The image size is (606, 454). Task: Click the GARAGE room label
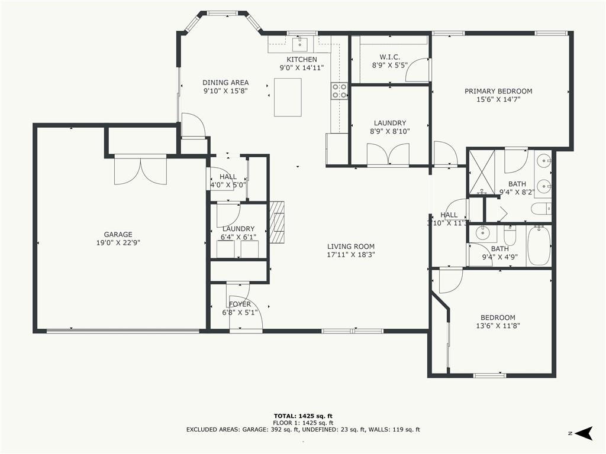coord(118,234)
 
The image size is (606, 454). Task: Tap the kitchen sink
coord(299,44)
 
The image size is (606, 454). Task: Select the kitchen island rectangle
coord(288,98)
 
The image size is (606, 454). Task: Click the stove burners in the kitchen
coord(339,90)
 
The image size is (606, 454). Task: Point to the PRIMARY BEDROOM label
coord(498,91)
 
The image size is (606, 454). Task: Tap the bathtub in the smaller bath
coord(539,246)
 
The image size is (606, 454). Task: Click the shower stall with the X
coord(482,172)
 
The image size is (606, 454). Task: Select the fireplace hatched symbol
coord(277,222)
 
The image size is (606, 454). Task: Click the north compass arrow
coord(584,433)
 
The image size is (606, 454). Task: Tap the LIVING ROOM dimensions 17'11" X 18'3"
coord(351,255)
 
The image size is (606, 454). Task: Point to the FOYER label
coord(240,304)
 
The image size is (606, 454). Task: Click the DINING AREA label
coord(225,82)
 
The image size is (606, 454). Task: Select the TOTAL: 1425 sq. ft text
coord(303,416)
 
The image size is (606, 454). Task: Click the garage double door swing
coord(141,170)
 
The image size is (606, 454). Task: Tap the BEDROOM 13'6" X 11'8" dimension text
coord(498,326)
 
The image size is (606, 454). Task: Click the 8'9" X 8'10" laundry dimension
coord(389,131)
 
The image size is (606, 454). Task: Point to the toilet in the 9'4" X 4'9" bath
coord(510,235)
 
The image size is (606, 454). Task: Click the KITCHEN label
coord(302,60)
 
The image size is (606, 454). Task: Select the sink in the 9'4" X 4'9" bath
coord(482,233)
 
